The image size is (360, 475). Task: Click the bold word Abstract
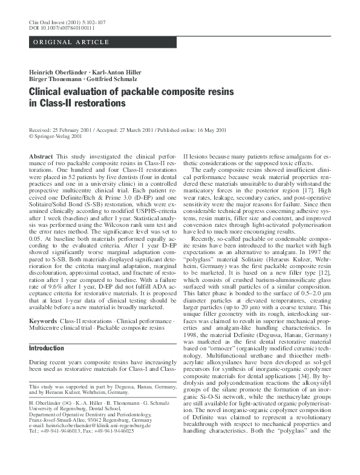coord(41,157)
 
